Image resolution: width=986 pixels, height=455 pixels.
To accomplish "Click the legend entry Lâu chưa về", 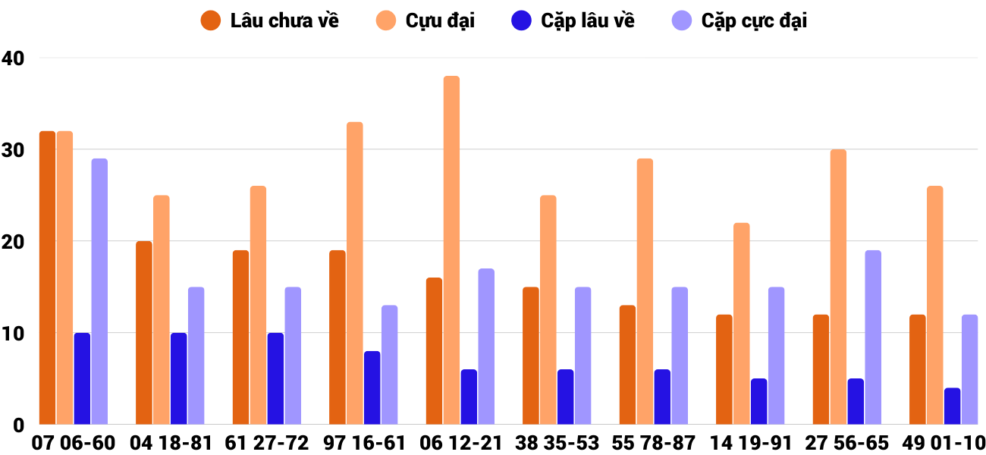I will pyautogui.click(x=284, y=20).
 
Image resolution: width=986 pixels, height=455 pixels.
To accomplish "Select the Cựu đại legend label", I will pyautogui.click(x=440, y=20).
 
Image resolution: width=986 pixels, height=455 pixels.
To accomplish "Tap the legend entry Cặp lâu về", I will pyautogui.click(x=588, y=20).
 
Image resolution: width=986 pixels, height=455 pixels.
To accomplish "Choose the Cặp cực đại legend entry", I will pyautogui.click(x=754, y=20).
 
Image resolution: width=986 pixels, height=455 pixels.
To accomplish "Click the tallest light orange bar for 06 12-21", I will pyautogui.click(x=451, y=250).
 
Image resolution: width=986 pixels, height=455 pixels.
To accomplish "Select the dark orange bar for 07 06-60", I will pyautogui.click(x=47, y=278).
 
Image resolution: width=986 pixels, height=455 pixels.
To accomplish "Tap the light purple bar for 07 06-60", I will pyautogui.click(x=99, y=291).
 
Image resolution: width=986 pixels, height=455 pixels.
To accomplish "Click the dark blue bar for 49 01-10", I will pyautogui.click(x=952, y=406).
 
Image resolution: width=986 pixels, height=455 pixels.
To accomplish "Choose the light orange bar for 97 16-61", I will pyautogui.click(x=355, y=273).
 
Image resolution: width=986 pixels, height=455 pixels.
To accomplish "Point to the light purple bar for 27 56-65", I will pyautogui.click(x=873, y=337).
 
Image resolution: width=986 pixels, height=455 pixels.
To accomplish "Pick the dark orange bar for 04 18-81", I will pyautogui.click(x=144, y=333).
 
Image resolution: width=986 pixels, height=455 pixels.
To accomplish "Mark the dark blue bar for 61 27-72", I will pyautogui.click(x=275, y=378).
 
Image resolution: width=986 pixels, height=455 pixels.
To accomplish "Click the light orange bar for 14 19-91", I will pyautogui.click(x=742, y=324).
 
